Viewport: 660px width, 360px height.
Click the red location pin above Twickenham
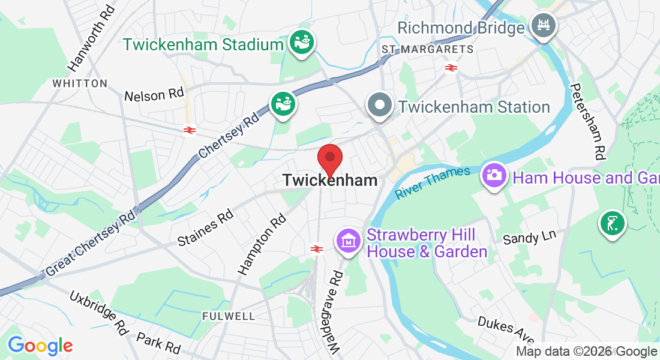[x=329, y=158]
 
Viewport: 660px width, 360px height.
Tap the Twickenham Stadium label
[x=203, y=44]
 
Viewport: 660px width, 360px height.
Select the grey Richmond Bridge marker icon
[x=544, y=25]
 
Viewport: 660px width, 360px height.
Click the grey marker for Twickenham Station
[x=379, y=105]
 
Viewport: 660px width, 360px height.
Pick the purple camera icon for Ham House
[x=493, y=175]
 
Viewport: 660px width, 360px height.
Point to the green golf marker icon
[x=611, y=224]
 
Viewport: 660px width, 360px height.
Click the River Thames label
[x=433, y=183]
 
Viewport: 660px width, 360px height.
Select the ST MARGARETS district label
[x=427, y=49]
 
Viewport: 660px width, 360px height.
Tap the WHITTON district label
[x=80, y=83]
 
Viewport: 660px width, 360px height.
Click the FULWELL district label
[x=229, y=316]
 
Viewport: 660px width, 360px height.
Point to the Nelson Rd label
[x=154, y=95]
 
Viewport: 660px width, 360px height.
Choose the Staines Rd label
[x=205, y=227]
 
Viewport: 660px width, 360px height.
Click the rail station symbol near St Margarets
[x=452, y=68]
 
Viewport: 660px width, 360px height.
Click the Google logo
[x=40, y=346]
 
